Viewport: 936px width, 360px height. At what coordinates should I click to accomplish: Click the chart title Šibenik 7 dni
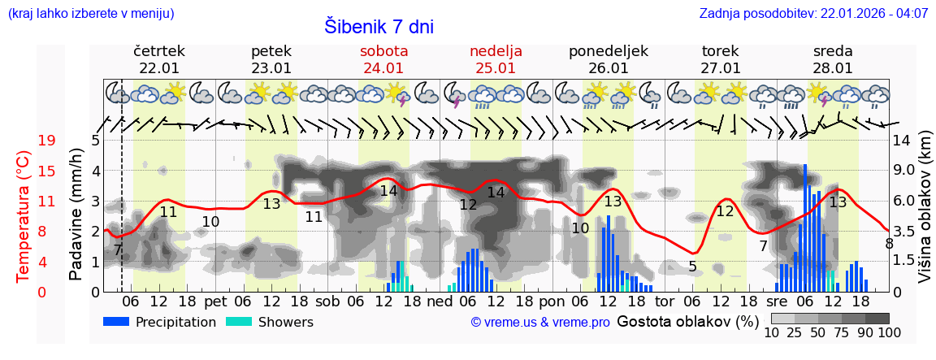click(379, 26)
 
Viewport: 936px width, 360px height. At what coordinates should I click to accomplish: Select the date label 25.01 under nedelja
click(496, 68)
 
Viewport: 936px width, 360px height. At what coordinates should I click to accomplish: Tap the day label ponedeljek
click(608, 51)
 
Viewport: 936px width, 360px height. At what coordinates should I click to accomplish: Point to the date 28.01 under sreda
click(833, 68)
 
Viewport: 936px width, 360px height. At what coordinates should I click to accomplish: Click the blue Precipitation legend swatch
click(116, 322)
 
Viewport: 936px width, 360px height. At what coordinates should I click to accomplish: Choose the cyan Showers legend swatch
click(238, 322)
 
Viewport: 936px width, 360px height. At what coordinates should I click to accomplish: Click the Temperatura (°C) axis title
click(24, 215)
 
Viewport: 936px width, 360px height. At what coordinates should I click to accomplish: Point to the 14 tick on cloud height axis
click(903, 141)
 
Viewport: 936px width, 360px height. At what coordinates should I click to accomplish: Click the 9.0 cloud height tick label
click(905, 171)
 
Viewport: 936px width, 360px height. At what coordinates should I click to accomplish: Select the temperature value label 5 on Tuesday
click(692, 267)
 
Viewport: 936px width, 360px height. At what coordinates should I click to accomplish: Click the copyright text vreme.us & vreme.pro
click(540, 323)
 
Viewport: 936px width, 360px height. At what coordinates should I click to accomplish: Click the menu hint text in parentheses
click(90, 14)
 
